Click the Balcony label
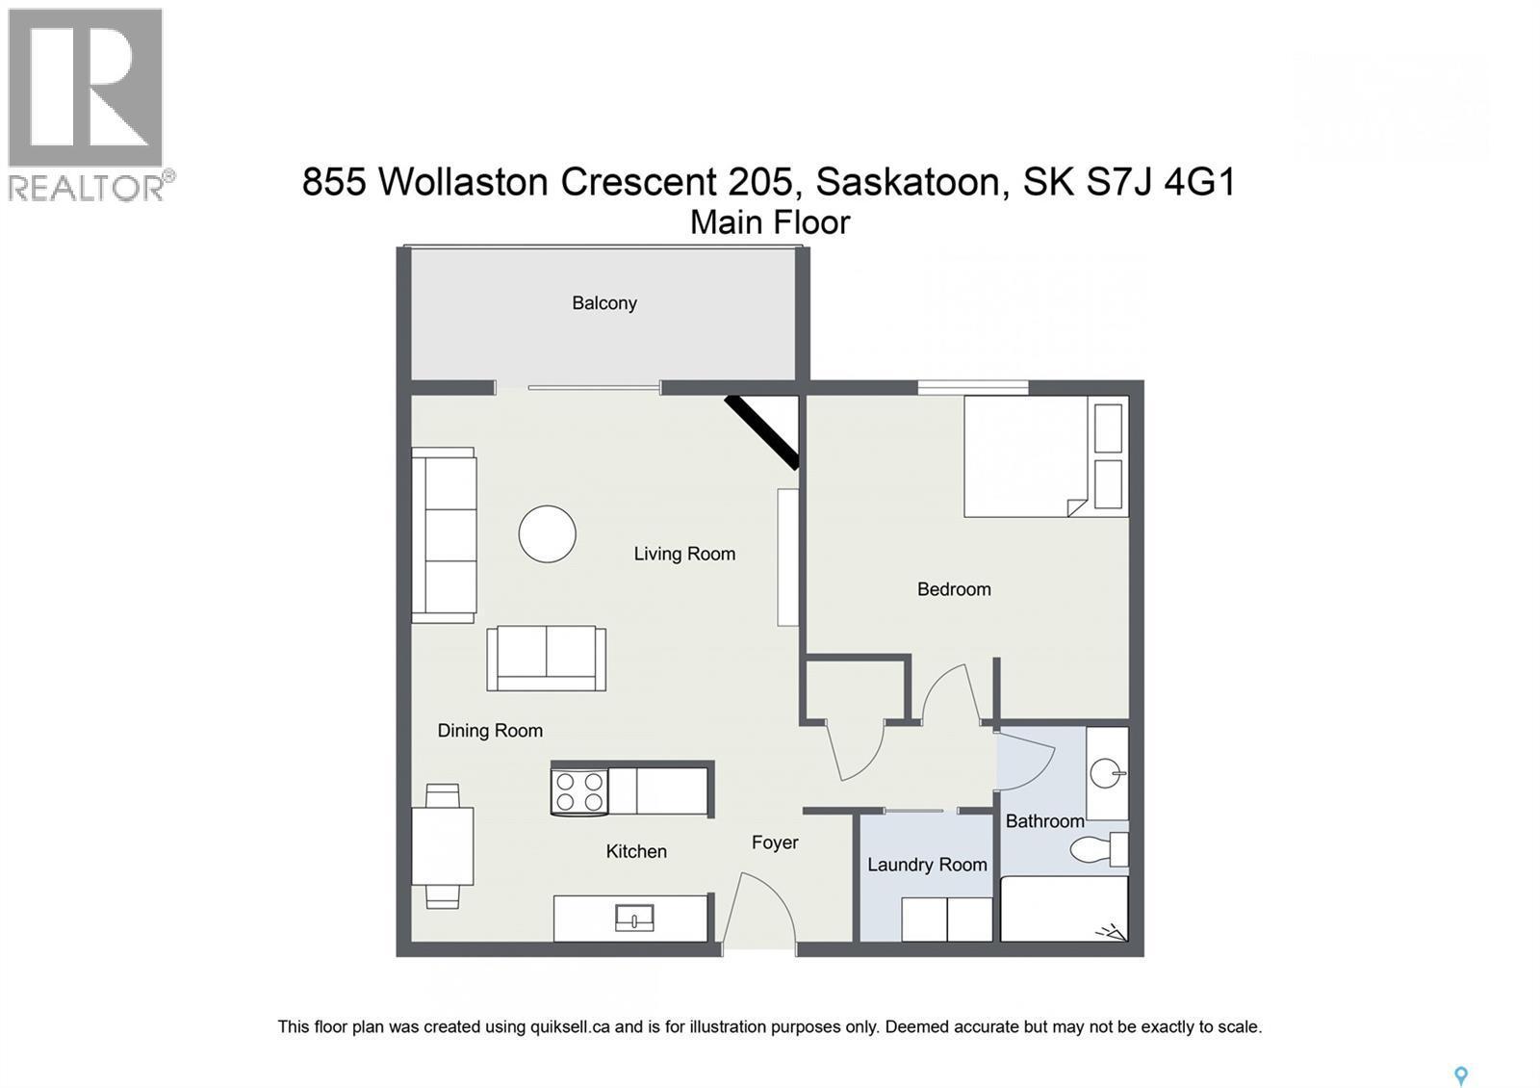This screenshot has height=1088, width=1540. (x=604, y=303)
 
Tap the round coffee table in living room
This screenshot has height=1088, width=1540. (x=547, y=533)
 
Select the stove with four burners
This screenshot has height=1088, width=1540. (x=580, y=791)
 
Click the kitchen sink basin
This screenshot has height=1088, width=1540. (x=634, y=919)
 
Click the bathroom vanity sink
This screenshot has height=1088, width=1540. (x=1108, y=773)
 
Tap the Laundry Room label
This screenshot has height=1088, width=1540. (x=927, y=865)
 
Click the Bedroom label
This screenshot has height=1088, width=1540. (x=953, y=589)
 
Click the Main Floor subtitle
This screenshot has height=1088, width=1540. (x=770, y=222)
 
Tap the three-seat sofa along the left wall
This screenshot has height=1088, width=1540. (x=444, y=535)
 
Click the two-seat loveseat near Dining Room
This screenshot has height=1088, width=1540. (x=546, y=659)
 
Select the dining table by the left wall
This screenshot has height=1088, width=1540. (x=442, y=846)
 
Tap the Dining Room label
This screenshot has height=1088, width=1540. (x=490, y=731)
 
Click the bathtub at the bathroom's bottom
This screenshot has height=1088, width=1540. (x=1064, y=909)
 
